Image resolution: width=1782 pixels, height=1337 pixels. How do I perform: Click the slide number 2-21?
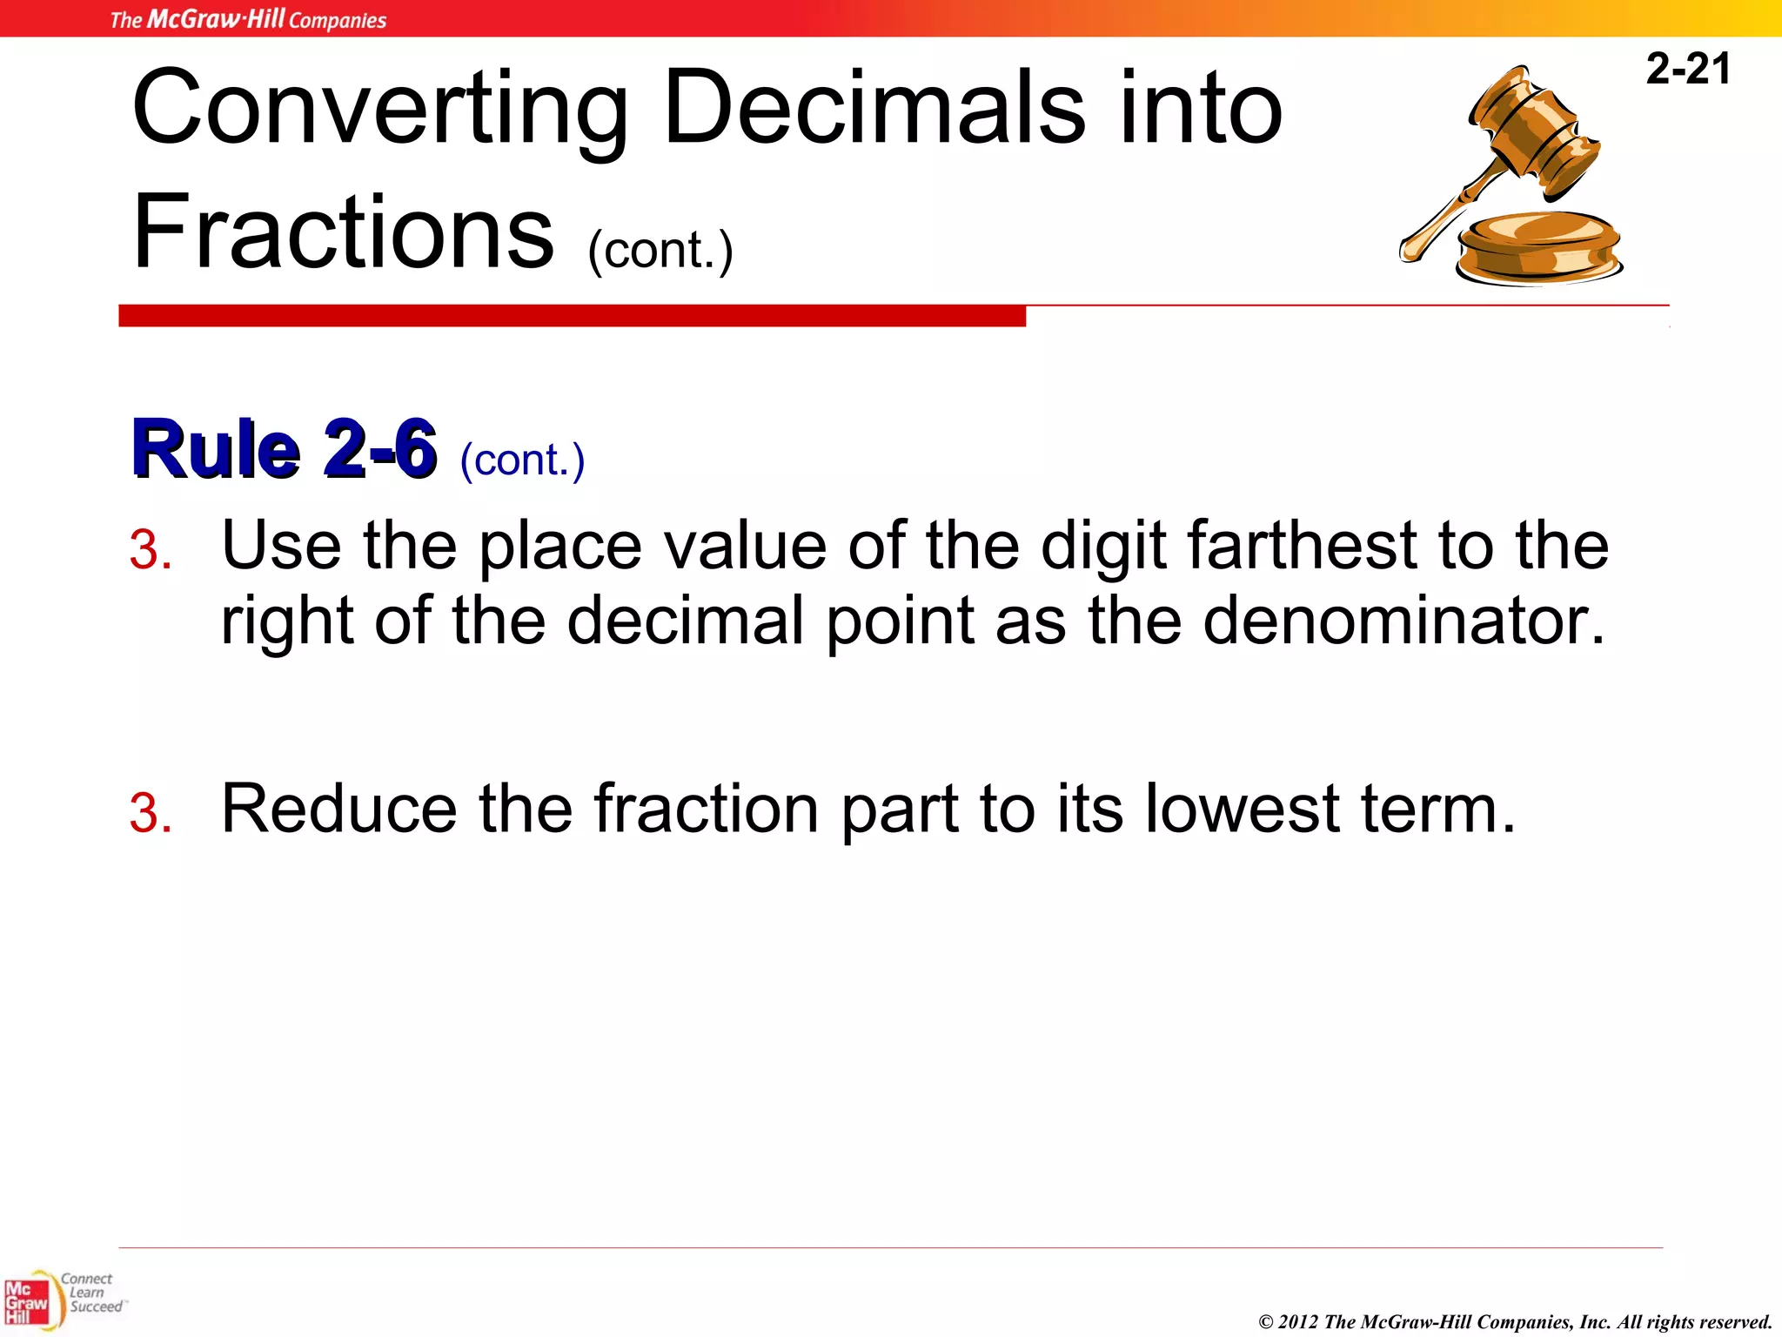click(x=1687, y=69)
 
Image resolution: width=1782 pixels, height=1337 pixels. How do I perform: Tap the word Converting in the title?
click(x=379, y=109)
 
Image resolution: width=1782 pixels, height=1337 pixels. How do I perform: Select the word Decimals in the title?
click(x=874, y=109)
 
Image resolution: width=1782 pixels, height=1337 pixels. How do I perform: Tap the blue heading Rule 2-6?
click(x=283, y=449)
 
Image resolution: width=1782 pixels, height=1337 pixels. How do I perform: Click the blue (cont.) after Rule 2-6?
click(x=522, y=460)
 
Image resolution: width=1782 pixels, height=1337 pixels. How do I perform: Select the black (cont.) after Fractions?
click(x=660, y=251)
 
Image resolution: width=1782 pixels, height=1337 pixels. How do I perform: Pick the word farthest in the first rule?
click(x=1302, y=546)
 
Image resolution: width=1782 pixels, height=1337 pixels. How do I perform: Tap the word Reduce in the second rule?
click(x=339, y=809)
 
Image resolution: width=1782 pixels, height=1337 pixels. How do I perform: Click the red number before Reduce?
click(x=150, y=814)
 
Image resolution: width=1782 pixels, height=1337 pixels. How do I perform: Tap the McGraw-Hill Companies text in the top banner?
click(x=248, y=19)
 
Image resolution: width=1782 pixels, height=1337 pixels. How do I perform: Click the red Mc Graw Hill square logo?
click(x=27, y=1302)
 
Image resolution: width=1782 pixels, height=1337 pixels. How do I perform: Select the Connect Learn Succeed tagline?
click(x=91, y=1293)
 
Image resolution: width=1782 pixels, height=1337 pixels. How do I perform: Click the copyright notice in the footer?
click(x=1515, y=1321)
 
